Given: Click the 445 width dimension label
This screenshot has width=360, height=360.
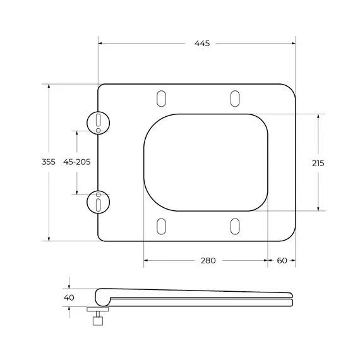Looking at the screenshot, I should [202, 43].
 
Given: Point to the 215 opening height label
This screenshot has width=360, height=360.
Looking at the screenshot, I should [318, 163].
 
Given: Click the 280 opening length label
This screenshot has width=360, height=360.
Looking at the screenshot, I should [208, 260].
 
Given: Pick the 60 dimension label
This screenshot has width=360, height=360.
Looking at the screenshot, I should [282, 260].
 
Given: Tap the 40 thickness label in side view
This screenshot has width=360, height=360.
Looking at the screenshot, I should [69, 297].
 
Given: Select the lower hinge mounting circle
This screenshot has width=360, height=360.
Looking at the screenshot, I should [98, 203].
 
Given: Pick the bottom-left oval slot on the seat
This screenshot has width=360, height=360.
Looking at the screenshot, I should [160, 225].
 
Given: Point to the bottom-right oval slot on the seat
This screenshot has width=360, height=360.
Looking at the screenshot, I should [234, 225].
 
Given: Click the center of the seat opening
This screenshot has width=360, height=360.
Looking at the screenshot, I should [206, 162].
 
